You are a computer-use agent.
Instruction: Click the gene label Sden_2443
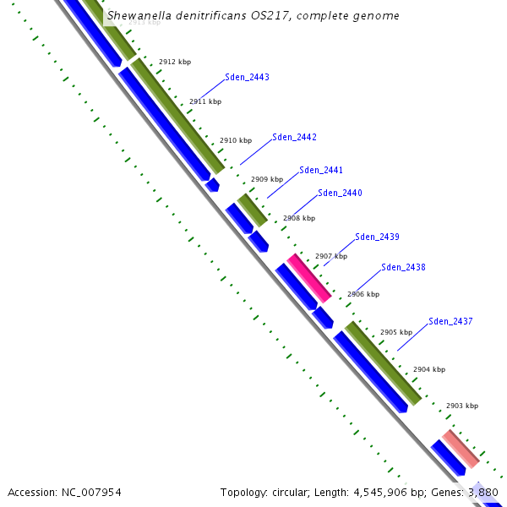[x=247, y=77]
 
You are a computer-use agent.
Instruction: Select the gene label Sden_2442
[x=294, y=137]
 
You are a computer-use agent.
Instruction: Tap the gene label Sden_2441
[x=321, y=170]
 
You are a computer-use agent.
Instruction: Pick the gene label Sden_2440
[x=340, y=193]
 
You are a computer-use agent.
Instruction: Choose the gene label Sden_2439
[x=377, y=237]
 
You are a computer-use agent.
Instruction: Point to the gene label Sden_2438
[x=403, y=267]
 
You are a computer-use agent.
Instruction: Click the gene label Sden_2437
[x=450, y=321]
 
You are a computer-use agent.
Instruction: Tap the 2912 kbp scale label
[x=175, y=62]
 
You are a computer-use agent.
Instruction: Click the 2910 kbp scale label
[x=236, y=140]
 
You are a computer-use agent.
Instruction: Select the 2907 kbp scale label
[x=331, y=256]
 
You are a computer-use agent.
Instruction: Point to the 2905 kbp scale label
[x=395, y=332]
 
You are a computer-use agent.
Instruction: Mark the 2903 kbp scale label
[x=462, y=406]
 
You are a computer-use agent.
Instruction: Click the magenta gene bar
[x=308, y=277]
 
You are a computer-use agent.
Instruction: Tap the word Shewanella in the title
[x=138, y=16]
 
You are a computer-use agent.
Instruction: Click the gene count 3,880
[x=482, y=492]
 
